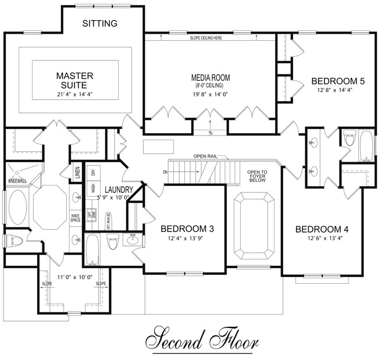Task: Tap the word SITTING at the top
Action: pyautogui.click(x=100, y=24)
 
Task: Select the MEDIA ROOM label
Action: pyautogui.click(x=211, y=77)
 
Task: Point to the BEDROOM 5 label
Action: pyautogui.click(x=338, y=81)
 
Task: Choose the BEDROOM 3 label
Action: pyautogui.click(x=187, y=229)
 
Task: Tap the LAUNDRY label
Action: pyautogui.click(x=119, y=190)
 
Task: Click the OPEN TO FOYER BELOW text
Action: pyautogui.click(x=257, y=176)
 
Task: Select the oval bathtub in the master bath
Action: pyautogui.click(x=16, y=209)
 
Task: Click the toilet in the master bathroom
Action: pyautogui.click(x=13, y=240)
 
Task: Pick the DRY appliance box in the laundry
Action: pyautogui.click(x=93, y=172)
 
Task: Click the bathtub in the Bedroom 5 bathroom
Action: pyautogui.click(x=366, y=146)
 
